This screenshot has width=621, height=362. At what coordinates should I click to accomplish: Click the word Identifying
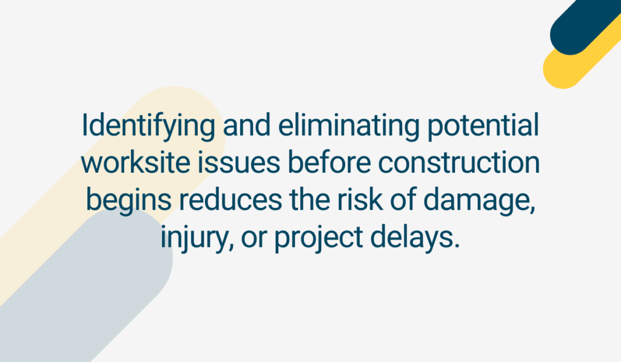pos(149,127)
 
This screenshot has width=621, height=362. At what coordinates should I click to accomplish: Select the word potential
pos(483,127)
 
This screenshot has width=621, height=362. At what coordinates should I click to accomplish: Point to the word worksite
pos(135,163)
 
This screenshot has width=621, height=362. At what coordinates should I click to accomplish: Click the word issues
pos(239,163)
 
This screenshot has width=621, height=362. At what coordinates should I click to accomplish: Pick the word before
pos(329,163)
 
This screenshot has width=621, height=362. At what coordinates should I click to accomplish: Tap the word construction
pos(459,163)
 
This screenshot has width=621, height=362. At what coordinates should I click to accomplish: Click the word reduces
pos(230,199)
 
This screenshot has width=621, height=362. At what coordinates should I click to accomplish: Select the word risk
pos(360,199)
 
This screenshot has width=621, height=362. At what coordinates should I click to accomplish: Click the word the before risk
pos(309,199)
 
